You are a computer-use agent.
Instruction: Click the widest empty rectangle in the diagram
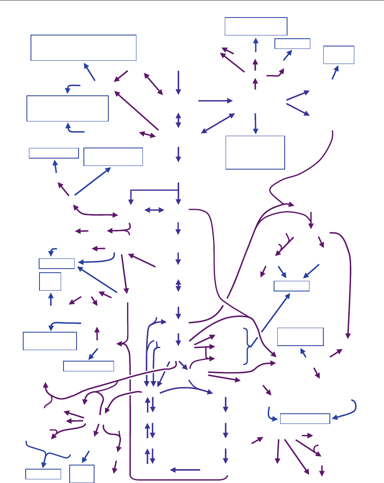click(83, 48)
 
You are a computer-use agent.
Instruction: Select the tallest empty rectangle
click(255, 152)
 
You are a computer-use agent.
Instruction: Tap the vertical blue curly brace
click(247, 346)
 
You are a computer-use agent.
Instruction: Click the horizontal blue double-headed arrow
click(154, 210)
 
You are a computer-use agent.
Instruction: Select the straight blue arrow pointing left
click(185, 470)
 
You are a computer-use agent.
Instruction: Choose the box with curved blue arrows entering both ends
click(305, 418)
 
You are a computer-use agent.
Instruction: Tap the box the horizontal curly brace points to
click(43, 474)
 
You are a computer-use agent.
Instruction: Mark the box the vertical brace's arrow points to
click(291, 286)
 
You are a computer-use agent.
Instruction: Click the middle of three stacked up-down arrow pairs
click(150, 430)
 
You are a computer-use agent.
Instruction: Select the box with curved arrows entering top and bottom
click(68, 108)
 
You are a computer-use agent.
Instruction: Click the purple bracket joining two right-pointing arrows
click(211, 352)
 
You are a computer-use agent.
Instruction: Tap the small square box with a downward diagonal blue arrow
click(82, 473)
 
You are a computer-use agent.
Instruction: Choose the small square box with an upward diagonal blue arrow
click(338, 55)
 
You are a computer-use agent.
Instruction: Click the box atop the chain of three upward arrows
click(256, 26)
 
